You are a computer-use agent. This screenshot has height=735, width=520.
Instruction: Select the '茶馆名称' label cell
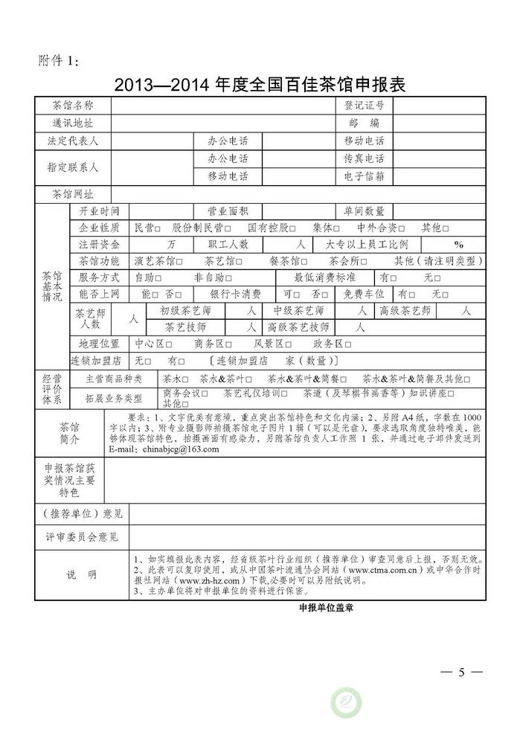coord(73,106)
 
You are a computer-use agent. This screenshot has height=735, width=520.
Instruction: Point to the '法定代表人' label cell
coord(73,141)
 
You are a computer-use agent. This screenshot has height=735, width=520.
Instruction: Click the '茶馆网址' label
coord(73,194)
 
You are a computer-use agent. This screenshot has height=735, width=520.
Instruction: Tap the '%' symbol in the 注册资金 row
coord(458,244)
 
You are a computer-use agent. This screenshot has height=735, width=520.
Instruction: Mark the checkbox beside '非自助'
coord(228,277)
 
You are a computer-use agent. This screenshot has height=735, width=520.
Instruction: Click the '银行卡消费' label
coord(235,294)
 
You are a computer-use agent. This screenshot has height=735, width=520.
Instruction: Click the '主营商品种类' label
coord(114,379)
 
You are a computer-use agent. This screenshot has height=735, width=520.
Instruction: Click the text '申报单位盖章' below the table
coord(325,607)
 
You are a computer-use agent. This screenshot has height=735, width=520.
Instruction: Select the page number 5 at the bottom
coord(461,673)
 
